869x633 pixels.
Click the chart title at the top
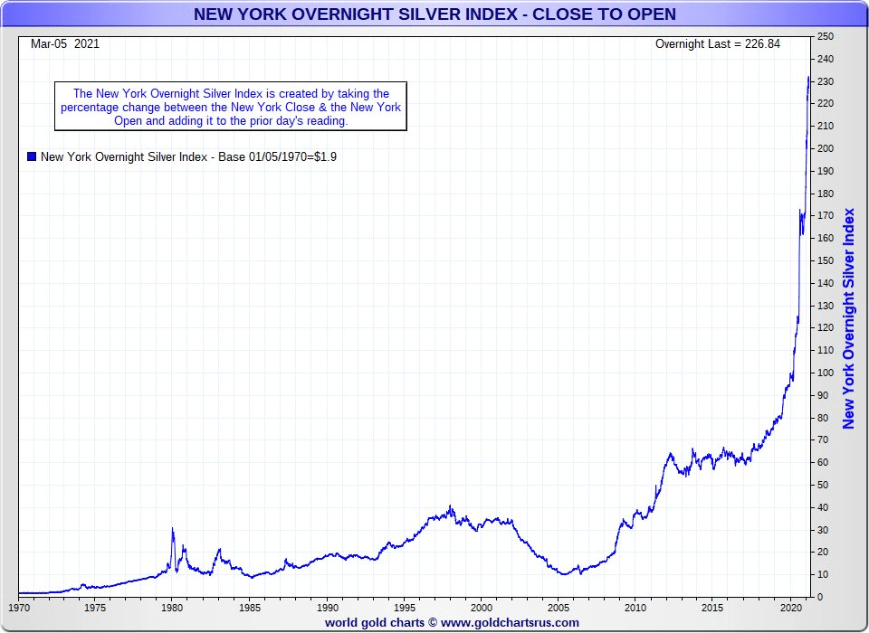[x=434, y=14]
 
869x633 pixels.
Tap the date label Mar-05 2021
[x=65, y=43]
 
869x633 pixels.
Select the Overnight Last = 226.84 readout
[x=717, y=43]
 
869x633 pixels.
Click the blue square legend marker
[x=32, y=156]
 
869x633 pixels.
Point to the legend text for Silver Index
[x=189, y=156]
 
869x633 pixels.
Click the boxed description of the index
[x=231, y=107]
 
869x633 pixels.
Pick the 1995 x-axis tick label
[x=405, y=607]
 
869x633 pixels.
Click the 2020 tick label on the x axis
[x=790, y=607]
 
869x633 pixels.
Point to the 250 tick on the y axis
[x=825, y=36]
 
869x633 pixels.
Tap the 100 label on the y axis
[x=825, y=373]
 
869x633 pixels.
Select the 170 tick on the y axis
[x=825, y=216]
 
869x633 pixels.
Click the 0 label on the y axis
[x=819, y=597]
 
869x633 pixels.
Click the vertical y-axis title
[x=848, y=318]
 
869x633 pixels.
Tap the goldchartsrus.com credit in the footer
[x=452, y=622]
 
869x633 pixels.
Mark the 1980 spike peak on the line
[x=172, y=528]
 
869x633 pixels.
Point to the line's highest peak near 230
[x=808, y=78]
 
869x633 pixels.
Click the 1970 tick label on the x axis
[x=19, y=607]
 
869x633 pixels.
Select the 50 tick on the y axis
[x=822, y=485]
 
